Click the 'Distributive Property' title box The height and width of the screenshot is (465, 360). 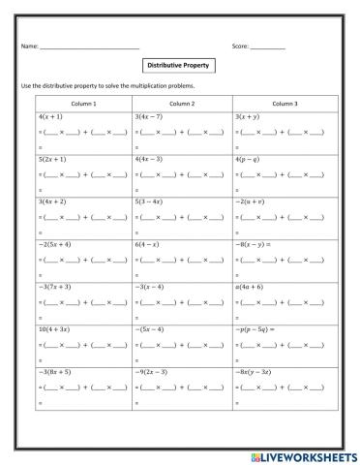pos(179,67)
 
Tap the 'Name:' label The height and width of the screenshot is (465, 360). pos(28,46)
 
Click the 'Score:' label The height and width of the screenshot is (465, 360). pos(241,46)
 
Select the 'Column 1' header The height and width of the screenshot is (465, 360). pos(84,103)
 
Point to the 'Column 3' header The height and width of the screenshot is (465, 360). pos(284,103)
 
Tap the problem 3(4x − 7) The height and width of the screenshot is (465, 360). pos(152,115)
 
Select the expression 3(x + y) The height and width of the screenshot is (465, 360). pos(248,115)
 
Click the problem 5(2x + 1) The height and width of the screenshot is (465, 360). pos(53,158)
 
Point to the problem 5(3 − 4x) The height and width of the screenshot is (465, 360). pos(152,201)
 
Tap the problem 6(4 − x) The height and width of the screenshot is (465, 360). pos(149,244)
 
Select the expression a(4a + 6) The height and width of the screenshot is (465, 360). pos(251,287)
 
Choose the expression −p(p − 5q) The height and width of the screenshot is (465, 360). pos(255,329)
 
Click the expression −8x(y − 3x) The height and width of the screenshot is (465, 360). pos(257,372)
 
